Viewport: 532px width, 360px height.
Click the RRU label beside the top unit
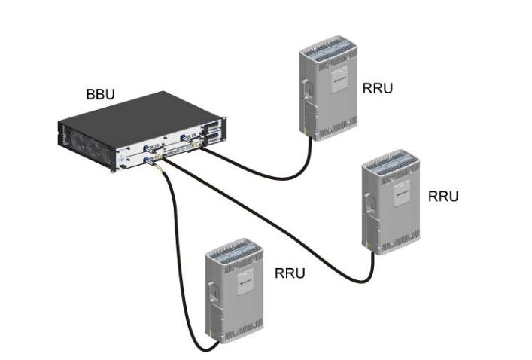[377, 88]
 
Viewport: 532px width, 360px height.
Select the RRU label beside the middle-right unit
[442, 196]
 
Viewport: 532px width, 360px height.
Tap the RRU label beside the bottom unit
[290, 273]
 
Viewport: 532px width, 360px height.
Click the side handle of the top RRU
[306, 92]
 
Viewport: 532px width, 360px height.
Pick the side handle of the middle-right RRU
[369, 203]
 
